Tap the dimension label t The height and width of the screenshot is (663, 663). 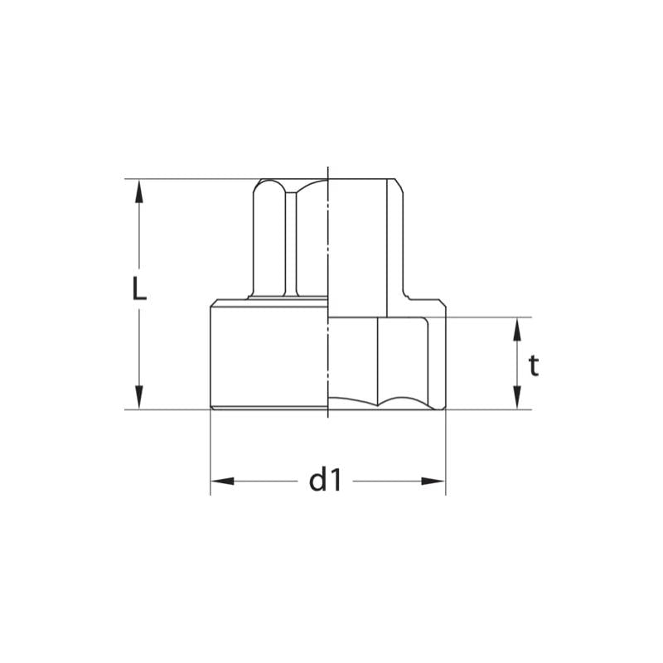point(534,365)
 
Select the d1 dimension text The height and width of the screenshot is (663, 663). point(325,480)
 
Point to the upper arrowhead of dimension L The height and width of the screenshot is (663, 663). point(139,190)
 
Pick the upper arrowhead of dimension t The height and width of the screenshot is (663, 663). point(516,328)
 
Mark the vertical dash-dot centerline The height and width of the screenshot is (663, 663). point(329,249)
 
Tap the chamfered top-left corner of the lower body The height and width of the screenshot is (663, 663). point(214,302)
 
